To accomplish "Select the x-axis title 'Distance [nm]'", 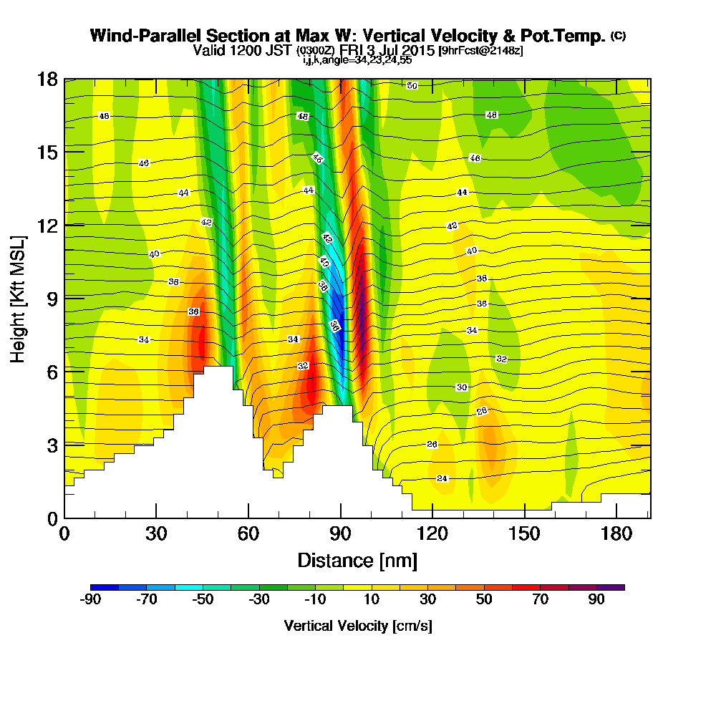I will (357, 559).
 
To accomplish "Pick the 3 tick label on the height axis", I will (52, 444).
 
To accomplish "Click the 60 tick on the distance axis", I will (248, 534).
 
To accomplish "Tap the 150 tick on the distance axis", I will (525, 534).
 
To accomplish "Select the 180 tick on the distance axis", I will (617, 534).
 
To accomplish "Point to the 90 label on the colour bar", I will (596, 600).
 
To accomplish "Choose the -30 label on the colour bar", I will (258, 600).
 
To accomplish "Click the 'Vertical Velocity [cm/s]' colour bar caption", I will (358, 626).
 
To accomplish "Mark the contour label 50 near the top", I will (412, 86).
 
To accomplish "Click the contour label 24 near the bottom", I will (442, 478).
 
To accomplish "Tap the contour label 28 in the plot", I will (481, 411).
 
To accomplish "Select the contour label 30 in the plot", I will (462, 387).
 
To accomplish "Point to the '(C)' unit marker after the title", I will (617, 36).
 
